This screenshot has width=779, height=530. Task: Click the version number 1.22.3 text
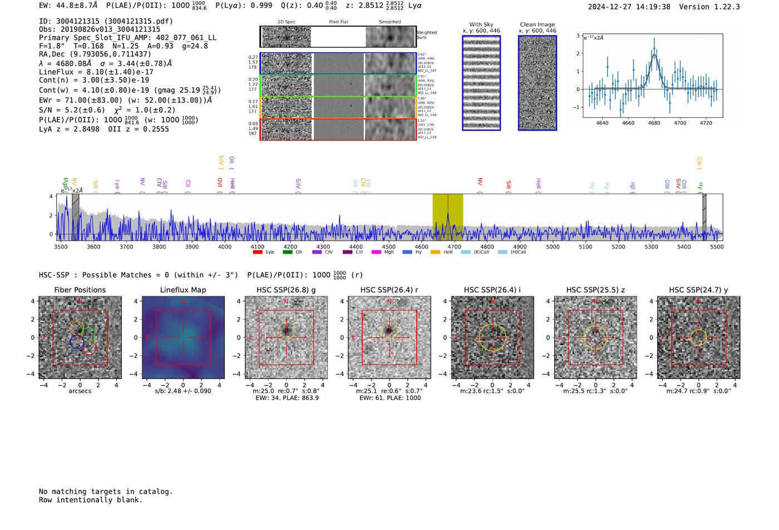[x=722, y=7]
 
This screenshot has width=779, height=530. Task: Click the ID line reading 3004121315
[x=106, y=21]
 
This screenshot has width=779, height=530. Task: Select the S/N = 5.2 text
[x=72, y=110]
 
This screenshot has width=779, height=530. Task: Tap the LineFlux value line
[x=96, y=72]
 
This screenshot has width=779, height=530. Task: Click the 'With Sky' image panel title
[x=481, y=24]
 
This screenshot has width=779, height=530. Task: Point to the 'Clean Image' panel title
[x=537, y=24]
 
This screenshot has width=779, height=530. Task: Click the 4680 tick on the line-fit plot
[x=654, y=123]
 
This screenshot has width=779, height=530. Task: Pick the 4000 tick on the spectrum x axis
[x=225, y=246]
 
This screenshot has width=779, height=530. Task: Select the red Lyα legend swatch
[x=258, y=252]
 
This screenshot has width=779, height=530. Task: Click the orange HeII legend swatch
[x=435, y=252]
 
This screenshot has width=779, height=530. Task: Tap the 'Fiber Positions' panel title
[x=80, y=290]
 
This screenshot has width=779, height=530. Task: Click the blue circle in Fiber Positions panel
[x=77, y=342]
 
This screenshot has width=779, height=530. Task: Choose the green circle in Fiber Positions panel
[x=88, y=334]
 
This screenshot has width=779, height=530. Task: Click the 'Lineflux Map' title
[x=183, y=290]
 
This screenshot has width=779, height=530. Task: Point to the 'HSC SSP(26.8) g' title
[x=286, y=290]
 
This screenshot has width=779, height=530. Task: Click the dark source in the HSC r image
[x=389, y=330]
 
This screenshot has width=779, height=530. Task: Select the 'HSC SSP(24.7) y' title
[x=698, y=290]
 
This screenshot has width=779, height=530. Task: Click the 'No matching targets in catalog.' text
[x=106, y=491]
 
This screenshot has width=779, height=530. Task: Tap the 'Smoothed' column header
[x=389, y=22]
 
